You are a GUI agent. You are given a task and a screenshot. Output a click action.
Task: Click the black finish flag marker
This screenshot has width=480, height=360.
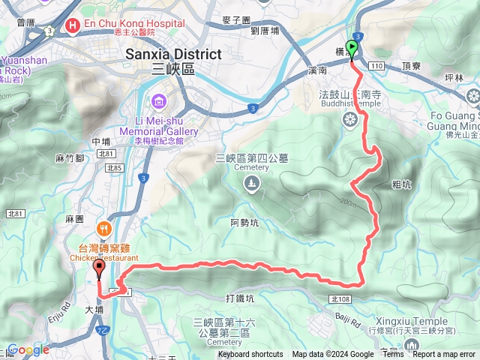[99, 268]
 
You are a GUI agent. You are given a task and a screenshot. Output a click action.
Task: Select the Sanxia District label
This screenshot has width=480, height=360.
[173, 54]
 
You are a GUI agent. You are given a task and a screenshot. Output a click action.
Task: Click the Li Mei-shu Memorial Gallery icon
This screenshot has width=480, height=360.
[159, 101]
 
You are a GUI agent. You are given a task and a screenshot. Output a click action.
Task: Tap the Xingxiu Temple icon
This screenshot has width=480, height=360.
[410, 343]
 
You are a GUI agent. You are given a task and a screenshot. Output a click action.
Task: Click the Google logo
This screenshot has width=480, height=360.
[28, 349]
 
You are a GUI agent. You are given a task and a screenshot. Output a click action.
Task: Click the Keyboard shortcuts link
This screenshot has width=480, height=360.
[250, 355]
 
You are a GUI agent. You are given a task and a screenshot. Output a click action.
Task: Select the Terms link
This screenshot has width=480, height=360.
[393, 355]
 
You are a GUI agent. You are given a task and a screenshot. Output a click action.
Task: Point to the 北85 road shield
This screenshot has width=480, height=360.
[114, 168]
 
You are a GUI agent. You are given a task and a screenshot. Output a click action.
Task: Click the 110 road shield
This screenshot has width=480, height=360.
[376, 67]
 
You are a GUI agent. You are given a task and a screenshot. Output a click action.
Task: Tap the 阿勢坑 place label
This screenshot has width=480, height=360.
[245, 222]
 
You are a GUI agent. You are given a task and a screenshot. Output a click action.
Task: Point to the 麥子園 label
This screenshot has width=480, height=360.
[236, 19]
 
